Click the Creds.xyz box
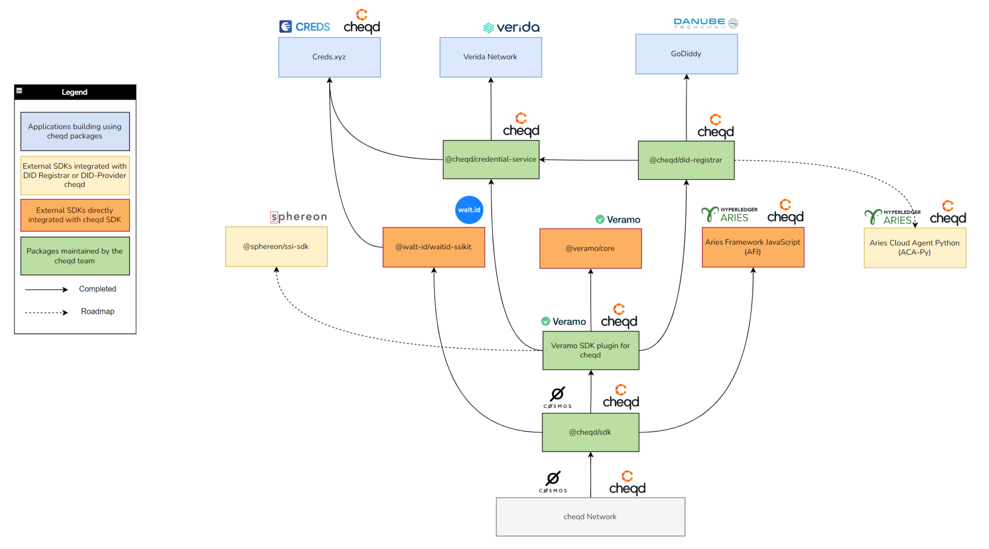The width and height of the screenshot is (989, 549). pos(329,57)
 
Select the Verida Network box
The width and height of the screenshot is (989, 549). pos(491,57)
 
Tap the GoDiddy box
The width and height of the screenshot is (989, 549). pos(686,54)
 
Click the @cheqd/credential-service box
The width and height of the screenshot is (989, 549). pos(491,159)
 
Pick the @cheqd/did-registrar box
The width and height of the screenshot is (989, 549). pos(686,160)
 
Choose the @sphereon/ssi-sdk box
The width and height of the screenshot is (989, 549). pos(276,246)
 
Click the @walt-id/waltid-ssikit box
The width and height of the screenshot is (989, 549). pos(434,247)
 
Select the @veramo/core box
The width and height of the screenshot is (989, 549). pos(590,248)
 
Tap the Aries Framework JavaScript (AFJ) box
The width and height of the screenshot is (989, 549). pos(753,247)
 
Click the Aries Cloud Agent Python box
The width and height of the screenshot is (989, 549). pos(915,248)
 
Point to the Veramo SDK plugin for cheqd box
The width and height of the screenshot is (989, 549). pos(591,350)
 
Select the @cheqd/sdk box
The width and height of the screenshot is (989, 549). pos(590,432)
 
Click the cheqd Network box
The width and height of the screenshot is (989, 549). pos(590,517)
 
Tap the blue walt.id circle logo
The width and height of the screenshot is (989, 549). pos(469,210)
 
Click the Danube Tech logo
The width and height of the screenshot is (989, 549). pos(706,23)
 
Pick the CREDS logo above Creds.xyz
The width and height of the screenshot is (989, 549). pos(305,27)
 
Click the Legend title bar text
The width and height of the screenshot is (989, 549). pos(74,92)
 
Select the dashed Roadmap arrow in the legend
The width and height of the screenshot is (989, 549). pos(46,312)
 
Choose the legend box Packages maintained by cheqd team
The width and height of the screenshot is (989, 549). pos(75,256)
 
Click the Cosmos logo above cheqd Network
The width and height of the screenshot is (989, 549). pos(553,481)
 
